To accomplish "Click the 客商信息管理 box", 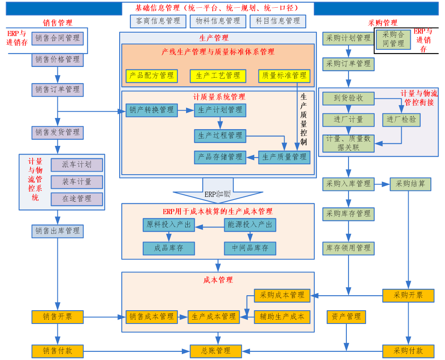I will point(158,21).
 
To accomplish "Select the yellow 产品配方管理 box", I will point(152,76).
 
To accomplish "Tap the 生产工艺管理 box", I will point(218,76).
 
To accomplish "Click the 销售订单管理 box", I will point(57,90).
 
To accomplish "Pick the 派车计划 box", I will point(77,165).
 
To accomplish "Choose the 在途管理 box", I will point(77,199).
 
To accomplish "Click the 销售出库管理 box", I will point(57,231).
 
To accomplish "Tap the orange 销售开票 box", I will point(57,317).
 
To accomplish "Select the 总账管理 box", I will point(216,351).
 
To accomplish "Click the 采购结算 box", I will point(410,184).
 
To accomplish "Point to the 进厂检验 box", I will point(401,120).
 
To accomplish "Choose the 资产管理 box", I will point(346,317).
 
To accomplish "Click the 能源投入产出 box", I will point(250,225).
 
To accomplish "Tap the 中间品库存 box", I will point(250,248).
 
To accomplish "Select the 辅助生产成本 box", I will point(282,317).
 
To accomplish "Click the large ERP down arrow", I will point(218,191).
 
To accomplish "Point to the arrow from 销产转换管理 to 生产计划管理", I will point(186,110).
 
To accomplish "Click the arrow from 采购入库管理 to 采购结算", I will point(382,185).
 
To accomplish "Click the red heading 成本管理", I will point(218,280).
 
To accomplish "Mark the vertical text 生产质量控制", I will point(304,119).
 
